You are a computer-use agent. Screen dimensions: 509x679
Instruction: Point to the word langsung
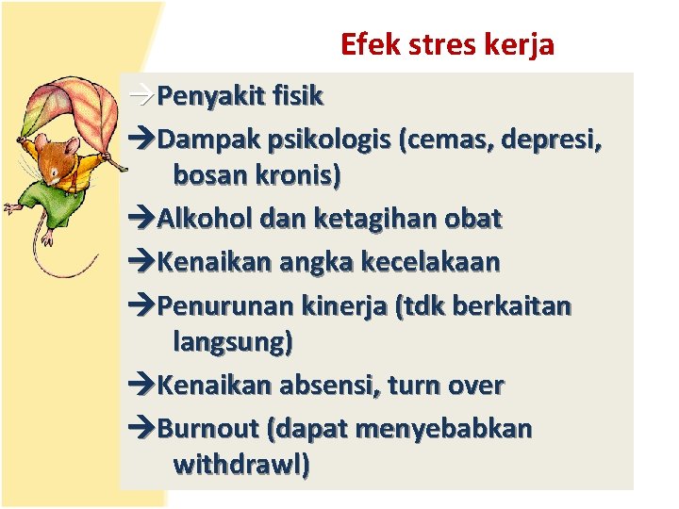tap(233, 340)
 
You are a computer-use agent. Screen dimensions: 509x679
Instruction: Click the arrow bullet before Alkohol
tap(140, 220)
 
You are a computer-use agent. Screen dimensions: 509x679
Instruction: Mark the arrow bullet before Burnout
tap(140, 430)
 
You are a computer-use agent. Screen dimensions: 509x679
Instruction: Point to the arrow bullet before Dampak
tap(140, 141)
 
